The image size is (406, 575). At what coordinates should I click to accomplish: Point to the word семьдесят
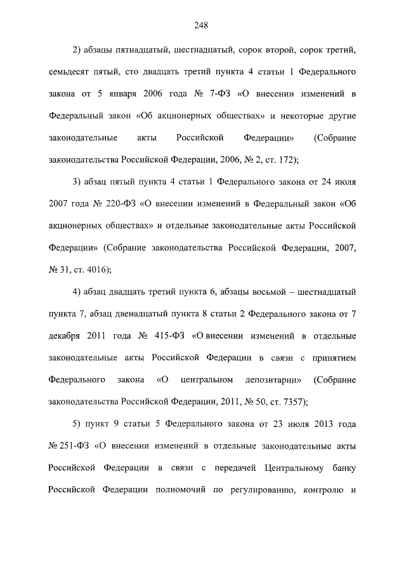(x=70, y=72)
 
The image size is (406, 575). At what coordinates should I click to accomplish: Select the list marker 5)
(x=77, y=423)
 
